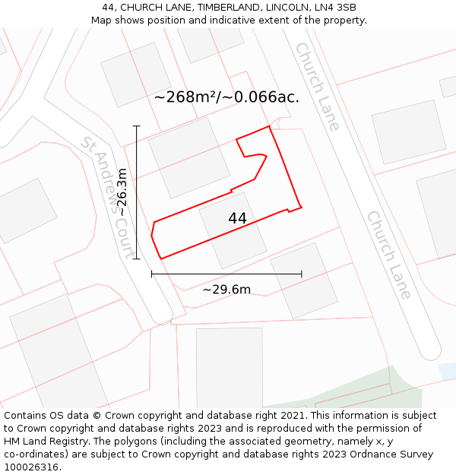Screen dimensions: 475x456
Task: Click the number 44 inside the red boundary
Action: tap(237, 218)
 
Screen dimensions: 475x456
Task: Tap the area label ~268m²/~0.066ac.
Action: tap(226, 97)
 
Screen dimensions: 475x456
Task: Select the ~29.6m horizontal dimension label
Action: tap(226, 289)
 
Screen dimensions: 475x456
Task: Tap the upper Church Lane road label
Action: tap(317, 86)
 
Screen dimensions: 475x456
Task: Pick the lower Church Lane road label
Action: tap(389, 255)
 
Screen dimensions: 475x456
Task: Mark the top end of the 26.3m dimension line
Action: tap(137, 126)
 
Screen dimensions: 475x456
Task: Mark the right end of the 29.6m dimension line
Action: tap(302, 274)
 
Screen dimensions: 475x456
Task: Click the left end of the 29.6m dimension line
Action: tap(152, 274)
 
